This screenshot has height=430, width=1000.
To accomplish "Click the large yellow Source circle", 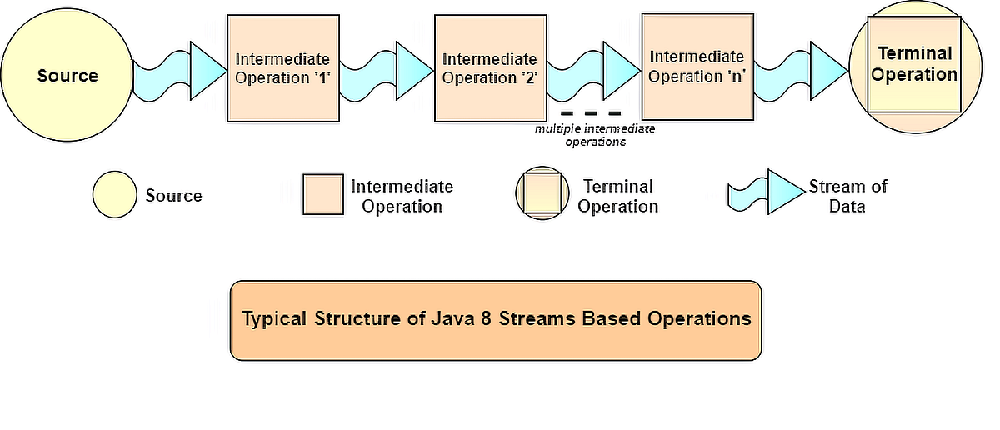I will (x=67, y=76).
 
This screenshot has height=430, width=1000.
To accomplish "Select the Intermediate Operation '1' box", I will (x=282, y=68).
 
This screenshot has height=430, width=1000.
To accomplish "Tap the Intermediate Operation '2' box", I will (x=489, y=68).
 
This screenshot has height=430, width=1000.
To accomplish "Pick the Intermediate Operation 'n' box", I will (x=696, y=67).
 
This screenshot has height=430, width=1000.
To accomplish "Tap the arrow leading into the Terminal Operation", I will (x=801, y=65).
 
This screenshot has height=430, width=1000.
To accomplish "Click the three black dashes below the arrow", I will (x=591, y=112).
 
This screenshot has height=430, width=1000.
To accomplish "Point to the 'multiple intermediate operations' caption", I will (x=594, y=135).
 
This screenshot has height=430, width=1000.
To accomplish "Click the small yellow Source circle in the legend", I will (x=114, y=195).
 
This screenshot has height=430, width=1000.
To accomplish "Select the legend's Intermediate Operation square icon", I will (x=323, y=195).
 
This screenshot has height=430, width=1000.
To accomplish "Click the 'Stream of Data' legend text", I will (x=847, y=195).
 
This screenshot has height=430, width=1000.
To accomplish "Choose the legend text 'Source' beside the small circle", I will (x=173, y=196).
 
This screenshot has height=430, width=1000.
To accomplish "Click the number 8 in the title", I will (x=479, y=318).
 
